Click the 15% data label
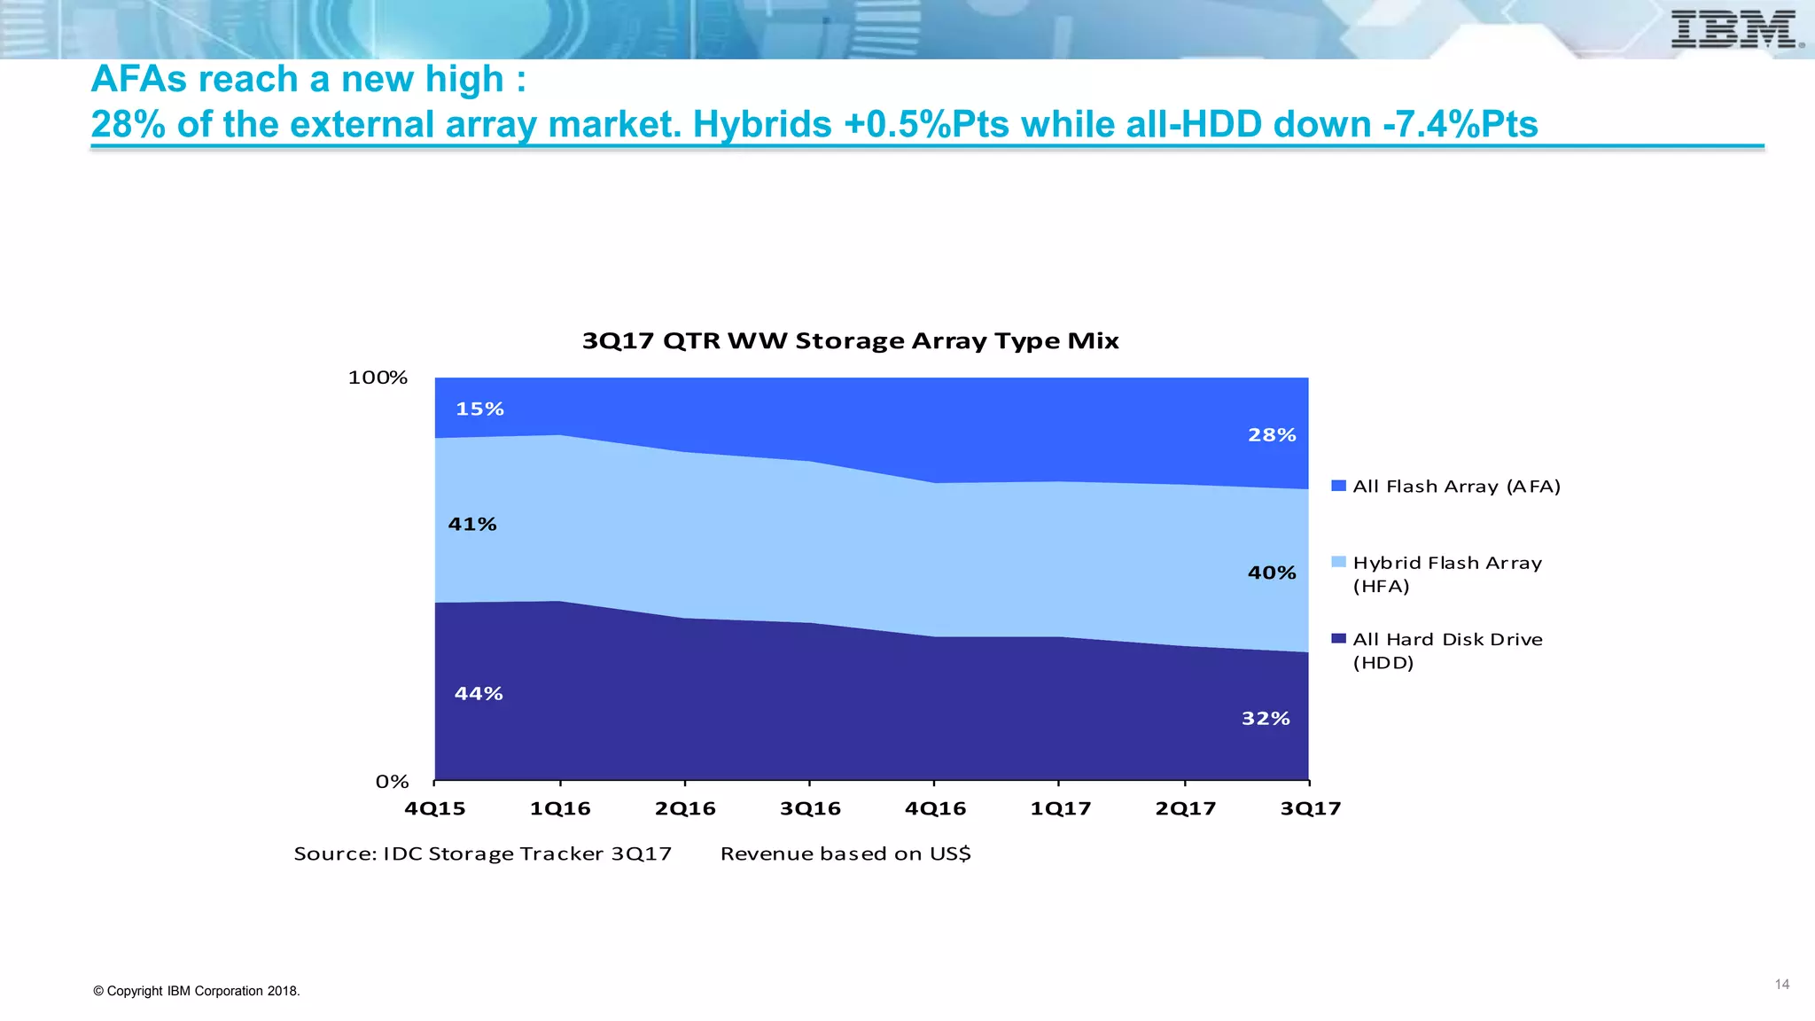(479, 409)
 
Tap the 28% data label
(1272, 435)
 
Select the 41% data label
(472, 524)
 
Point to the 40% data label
(1272, 573)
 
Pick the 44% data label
(479, 694)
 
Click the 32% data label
(1266, 719)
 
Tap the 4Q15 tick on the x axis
(434, 808)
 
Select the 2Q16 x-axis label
(685, 808)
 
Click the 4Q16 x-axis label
(935, 808)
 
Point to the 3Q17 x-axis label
(1311, 808)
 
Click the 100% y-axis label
(378, 378)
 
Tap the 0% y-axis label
(392, 782)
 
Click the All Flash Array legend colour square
(1339, 486)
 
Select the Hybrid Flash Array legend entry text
(1446, 573)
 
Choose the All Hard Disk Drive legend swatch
(1339, 639)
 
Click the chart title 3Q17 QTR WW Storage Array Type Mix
(850, 341)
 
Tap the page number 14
(1782, 985)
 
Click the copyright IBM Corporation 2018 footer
(197, 991)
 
